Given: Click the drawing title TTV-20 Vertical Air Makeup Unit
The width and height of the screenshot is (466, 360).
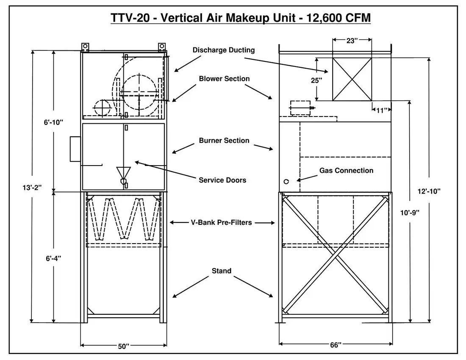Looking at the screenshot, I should (241, 18).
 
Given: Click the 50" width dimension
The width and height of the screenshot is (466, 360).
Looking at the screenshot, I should (123, 346).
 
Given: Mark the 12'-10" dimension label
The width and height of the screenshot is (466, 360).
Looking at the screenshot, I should (429, 191).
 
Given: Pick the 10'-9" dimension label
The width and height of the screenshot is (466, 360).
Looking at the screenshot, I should (409, 213).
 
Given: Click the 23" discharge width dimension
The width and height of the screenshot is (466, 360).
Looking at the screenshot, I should (352, 41).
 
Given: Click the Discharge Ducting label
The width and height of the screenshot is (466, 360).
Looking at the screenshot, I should (224, 50).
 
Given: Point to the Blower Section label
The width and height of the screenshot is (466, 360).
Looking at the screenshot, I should (224, 79).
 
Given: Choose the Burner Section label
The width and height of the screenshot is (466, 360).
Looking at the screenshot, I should (224, 140).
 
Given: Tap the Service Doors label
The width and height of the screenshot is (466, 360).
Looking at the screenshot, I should (222, 180).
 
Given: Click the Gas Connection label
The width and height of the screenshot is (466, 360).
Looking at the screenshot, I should (346, 171).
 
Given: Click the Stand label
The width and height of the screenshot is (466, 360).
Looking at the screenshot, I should (221, 271).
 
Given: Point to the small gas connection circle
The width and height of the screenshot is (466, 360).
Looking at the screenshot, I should (286, 181).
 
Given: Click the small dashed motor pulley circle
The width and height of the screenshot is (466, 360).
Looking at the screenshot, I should (102, 108).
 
